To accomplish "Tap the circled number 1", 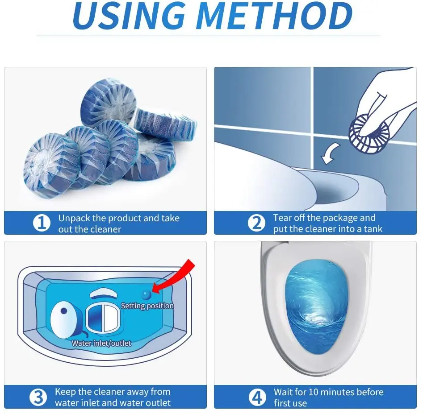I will [42, 223].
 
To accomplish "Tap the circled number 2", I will [256, 223].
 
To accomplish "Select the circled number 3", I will [38, 397].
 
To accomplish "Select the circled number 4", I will [256, 397].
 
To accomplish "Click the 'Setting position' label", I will [147, 306].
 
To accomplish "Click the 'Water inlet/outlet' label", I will [101, 343].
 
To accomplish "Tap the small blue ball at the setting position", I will [146, 295].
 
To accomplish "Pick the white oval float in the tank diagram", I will [64, 319].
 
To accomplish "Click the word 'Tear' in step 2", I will [283, 218].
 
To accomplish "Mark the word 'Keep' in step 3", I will [65, 392].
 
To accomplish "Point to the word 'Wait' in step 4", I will [284, 392].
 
